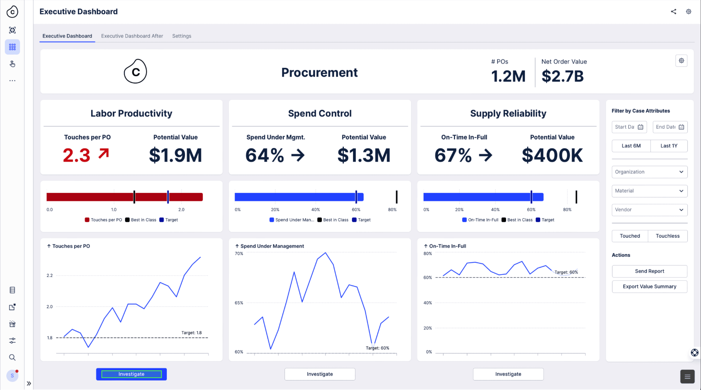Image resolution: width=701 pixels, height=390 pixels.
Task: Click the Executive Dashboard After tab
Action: point(132,36)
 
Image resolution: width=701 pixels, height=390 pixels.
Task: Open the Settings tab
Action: point(181,36)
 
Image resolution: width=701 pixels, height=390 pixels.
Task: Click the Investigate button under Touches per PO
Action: point(131,374)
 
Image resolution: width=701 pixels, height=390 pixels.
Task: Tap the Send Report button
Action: point(649,271)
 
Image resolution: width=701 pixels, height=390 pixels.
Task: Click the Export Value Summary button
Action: point(649,286)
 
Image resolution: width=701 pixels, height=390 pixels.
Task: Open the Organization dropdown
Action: point(649,172)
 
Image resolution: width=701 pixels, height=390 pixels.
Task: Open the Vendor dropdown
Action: point(649,210)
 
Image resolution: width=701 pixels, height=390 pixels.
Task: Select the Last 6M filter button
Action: point(631,146)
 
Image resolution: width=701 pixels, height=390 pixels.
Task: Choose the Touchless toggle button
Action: point(668,236)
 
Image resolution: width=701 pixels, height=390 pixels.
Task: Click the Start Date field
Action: point(629,127)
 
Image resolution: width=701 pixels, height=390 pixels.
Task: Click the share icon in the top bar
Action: point(673,11)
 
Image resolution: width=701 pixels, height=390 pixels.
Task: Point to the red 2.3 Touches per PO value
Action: point(76,155)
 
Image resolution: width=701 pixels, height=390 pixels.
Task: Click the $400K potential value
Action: point(552,155)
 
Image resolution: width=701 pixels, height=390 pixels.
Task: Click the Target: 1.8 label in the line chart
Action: point(192,333)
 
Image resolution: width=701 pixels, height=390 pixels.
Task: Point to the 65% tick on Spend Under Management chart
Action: point(239,303)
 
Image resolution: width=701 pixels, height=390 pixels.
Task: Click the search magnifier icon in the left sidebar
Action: point(12,357)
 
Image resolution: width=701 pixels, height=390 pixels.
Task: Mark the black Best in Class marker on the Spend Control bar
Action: point(397,197)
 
